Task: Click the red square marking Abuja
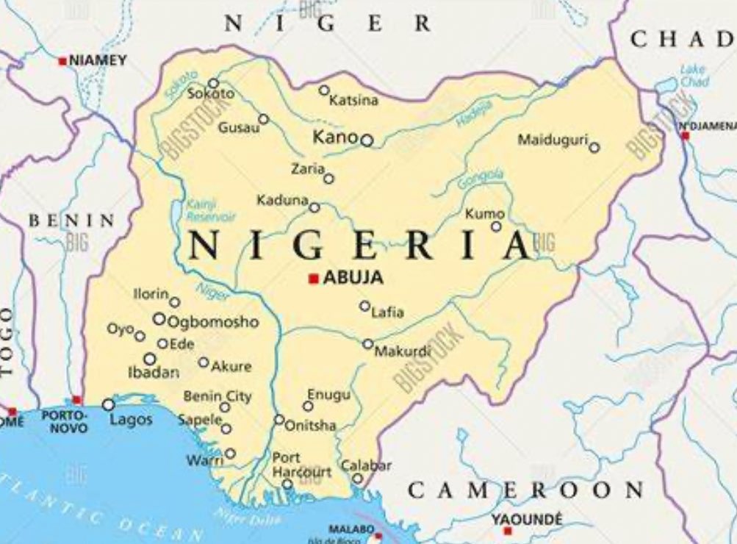point(314,279)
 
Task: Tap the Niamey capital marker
point(62,61)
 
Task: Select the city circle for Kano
point(367,140)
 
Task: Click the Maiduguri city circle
point(594,148)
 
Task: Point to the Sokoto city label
point(210,94)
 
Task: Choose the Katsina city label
point(353,101)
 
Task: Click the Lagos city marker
point(109,404)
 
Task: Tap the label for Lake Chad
point(693,76)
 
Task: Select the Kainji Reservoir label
point(210,211)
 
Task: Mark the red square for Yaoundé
point(507,531)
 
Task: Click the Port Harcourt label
point(301,465)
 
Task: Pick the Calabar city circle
point(358,479)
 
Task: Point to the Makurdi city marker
point(367,343)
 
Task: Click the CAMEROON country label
point(525,490)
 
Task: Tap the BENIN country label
point(71,221)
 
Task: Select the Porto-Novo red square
point(77,400)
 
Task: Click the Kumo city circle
point(496,226)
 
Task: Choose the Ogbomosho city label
point(213,322)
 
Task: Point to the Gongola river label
point(481,179)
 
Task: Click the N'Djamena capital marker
point(686,136)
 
